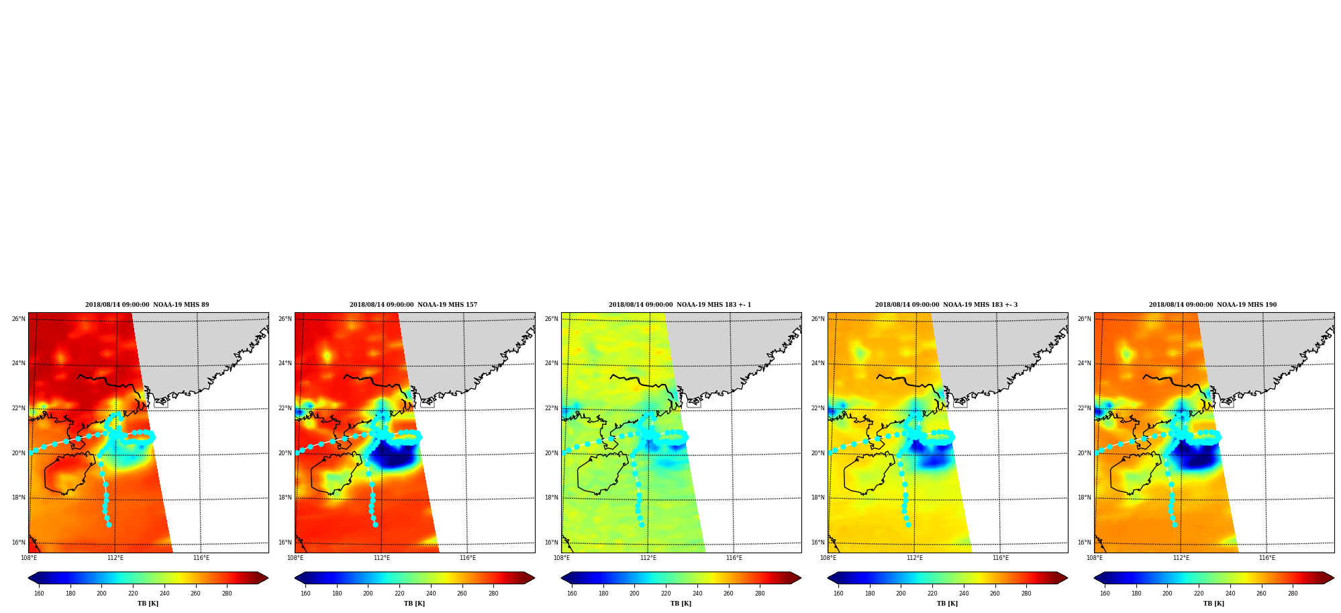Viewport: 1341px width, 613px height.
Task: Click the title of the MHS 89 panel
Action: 147,305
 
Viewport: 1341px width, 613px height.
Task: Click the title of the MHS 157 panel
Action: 413,305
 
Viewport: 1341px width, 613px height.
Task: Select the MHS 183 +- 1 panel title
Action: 680,305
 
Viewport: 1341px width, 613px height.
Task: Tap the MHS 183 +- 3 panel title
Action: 946,305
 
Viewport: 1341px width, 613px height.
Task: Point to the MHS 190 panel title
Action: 1213,305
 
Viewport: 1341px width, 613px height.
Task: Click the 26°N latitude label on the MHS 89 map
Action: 19,319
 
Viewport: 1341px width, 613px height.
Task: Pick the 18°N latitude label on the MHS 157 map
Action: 285,498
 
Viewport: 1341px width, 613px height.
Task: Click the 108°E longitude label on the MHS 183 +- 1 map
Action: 562,558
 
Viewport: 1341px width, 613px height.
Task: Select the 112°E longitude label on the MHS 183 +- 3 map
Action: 915,558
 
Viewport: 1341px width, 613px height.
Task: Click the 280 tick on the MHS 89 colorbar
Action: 227,594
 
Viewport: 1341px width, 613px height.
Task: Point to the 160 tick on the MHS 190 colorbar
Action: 1105,594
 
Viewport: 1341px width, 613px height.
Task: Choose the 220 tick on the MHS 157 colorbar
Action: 399,594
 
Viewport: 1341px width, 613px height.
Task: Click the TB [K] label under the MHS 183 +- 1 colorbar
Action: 681,604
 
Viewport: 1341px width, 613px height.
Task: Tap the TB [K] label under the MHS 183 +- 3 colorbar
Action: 947,604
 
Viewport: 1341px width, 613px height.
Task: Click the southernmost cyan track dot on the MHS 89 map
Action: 109,524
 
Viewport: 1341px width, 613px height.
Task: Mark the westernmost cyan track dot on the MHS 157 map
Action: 297,453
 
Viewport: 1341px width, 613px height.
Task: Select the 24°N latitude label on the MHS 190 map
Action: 1085,363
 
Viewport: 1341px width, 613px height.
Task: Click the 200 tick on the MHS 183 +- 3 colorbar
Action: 901,594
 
